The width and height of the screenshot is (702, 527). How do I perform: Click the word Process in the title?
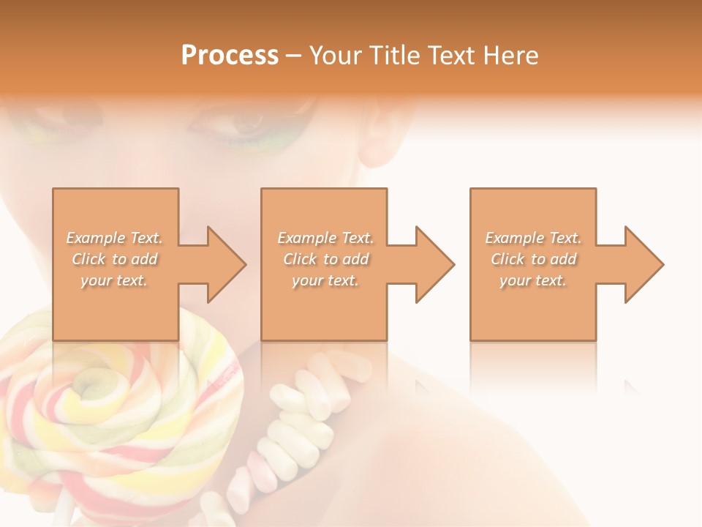click(230, 56)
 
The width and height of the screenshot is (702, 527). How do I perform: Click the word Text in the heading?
click(453, 56)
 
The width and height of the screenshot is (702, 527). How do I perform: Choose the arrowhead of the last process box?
click(643, 264)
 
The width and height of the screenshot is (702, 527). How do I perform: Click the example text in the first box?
click(115, 258)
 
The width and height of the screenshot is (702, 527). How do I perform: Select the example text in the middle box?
click(325, 258)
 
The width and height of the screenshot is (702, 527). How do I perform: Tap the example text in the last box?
click(533, 258)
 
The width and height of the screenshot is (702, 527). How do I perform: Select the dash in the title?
click(294, 56)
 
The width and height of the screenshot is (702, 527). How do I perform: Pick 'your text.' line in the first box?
click(115, 280)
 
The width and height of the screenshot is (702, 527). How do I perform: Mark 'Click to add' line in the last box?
click(533, 259)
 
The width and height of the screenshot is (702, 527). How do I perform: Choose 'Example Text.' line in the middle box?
click(325, 238)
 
